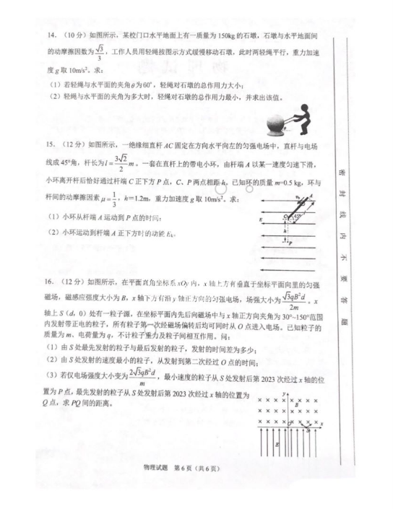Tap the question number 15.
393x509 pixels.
(51, 146)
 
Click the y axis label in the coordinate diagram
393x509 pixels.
(288, 393)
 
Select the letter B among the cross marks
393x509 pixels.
(295, 406)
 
